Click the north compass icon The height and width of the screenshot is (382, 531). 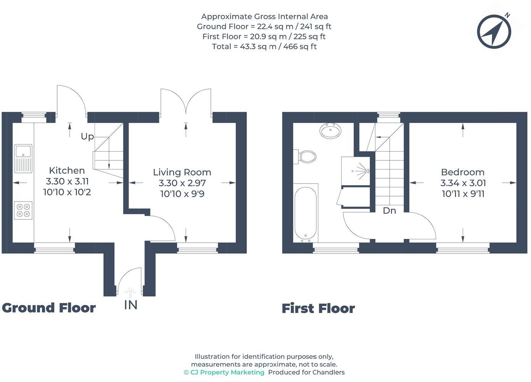494,32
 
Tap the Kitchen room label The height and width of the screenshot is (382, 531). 67,171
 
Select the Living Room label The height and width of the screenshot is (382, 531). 182,172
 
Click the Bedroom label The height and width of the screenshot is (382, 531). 462,172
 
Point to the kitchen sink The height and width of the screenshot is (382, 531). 23,158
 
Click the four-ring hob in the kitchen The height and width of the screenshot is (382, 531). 23,210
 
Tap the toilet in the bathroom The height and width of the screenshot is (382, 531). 306,156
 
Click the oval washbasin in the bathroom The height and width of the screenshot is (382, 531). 330,131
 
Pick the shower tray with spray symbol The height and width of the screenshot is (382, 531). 356,171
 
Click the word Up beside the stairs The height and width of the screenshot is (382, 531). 87,137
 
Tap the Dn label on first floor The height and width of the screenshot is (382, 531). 389,211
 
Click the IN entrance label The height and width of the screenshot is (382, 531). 130,305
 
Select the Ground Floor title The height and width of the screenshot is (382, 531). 49,308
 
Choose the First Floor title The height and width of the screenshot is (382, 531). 318,308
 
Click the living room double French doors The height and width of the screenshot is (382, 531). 186,102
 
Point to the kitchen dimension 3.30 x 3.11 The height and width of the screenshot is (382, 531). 67,181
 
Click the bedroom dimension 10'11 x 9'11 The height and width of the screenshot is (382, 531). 463,194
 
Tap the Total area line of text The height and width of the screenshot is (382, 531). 264,47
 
